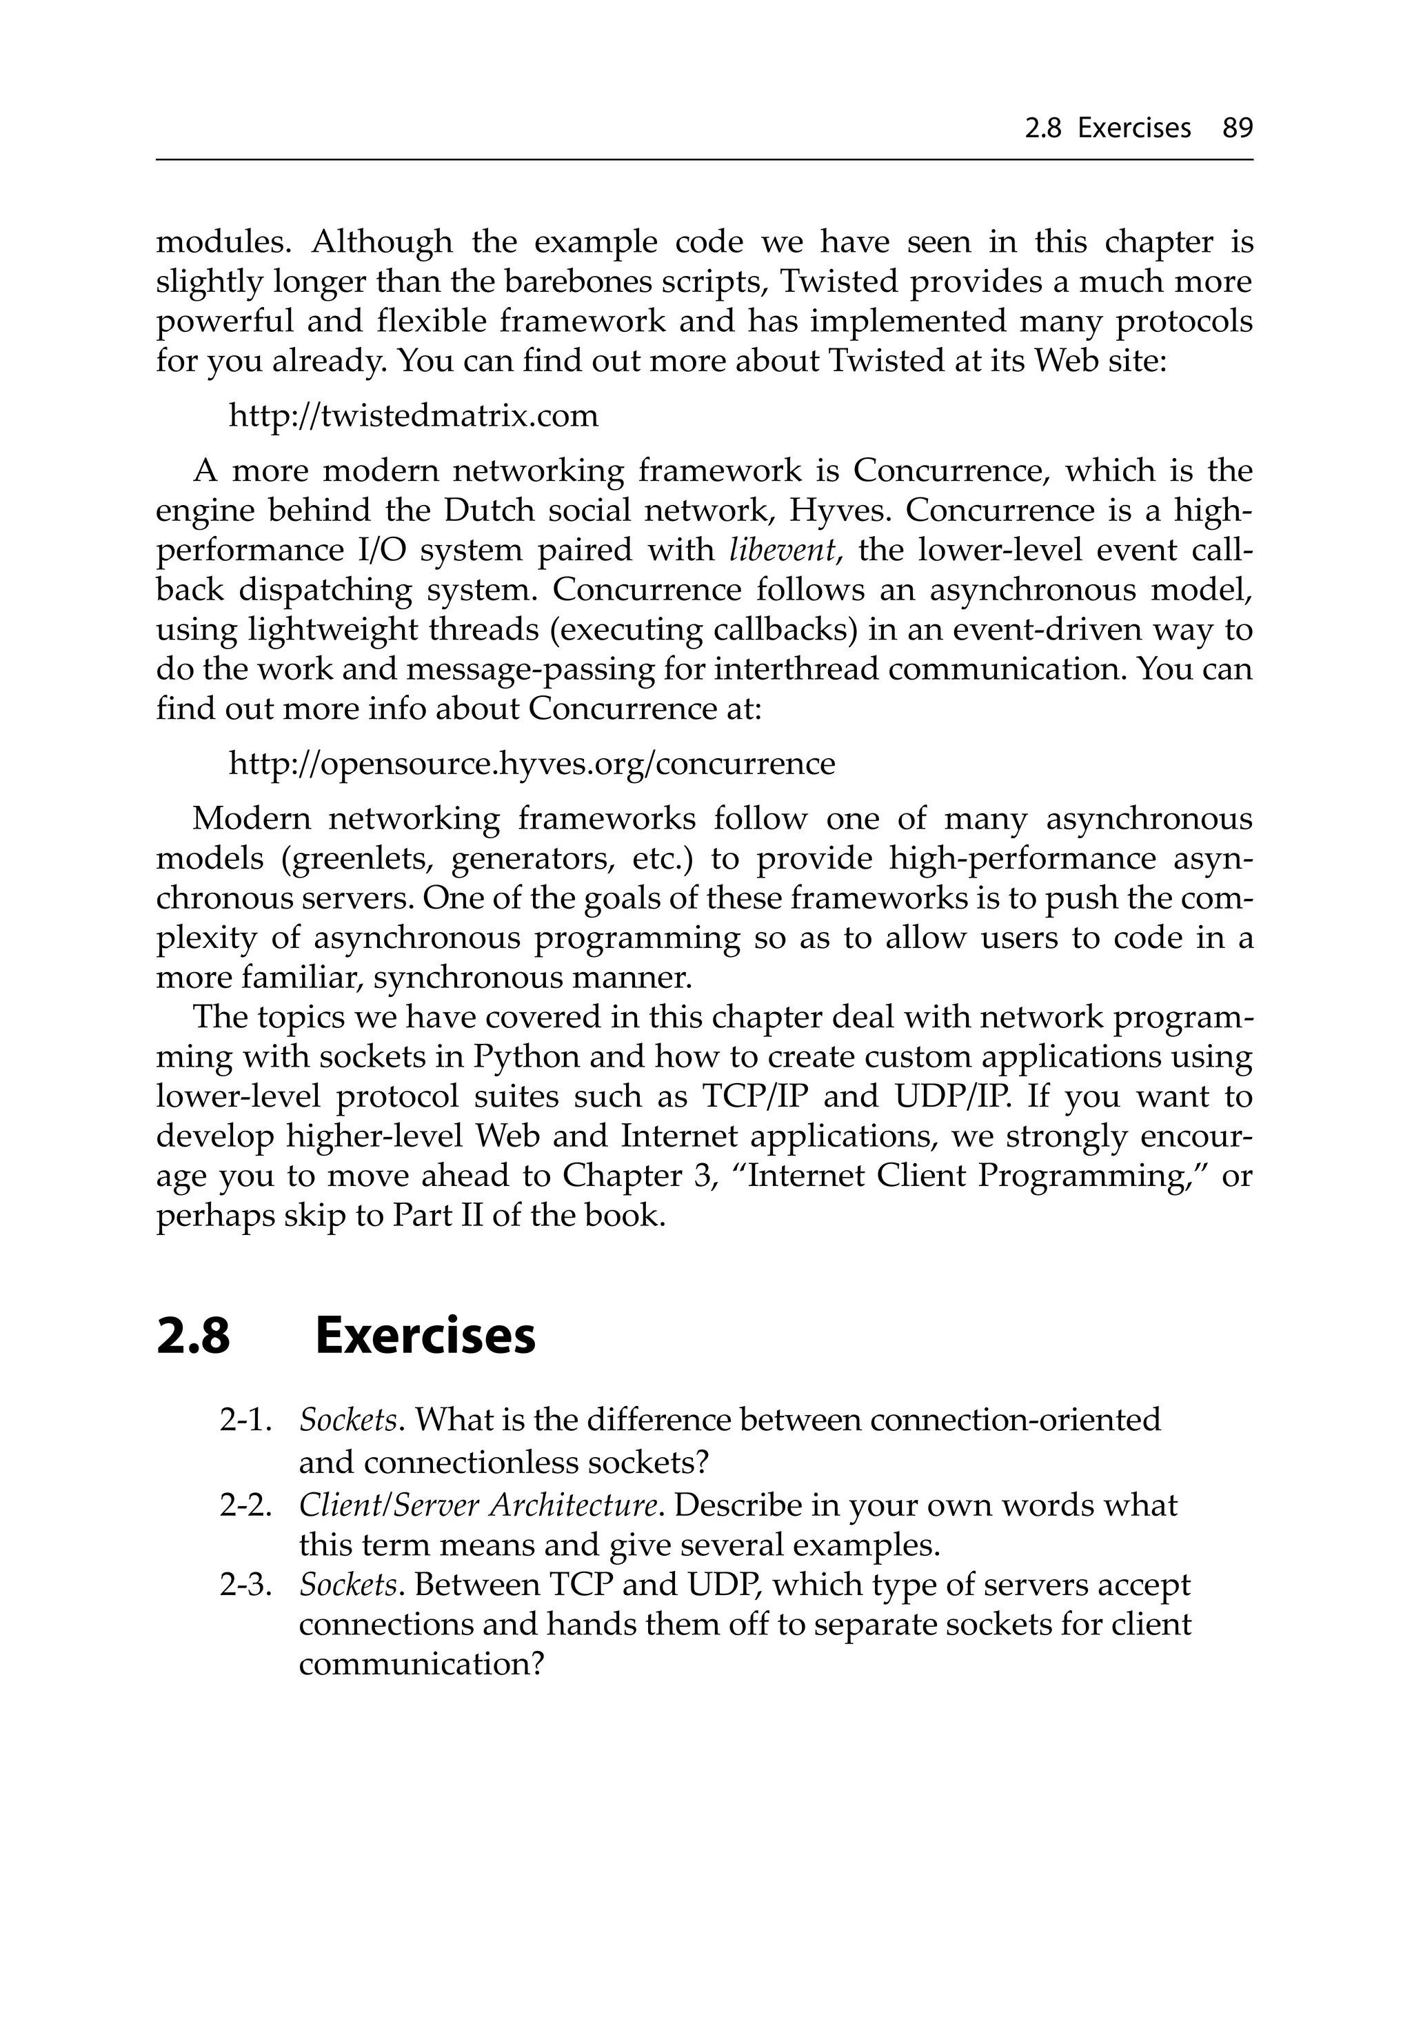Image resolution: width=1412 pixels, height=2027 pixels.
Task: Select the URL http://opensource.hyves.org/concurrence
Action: click(x=532, y=763)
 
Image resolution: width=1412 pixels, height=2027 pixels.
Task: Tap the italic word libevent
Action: click(x=783, y=550)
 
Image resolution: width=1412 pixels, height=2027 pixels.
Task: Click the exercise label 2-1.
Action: click(x=243, y=1421)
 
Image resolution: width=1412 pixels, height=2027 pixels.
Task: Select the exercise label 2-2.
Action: click(x=243, y=1505)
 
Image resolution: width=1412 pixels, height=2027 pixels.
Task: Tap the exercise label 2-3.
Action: click(x=243, y=1585)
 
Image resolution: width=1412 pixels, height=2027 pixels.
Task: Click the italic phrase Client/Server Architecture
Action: click(x=478, y=1505)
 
